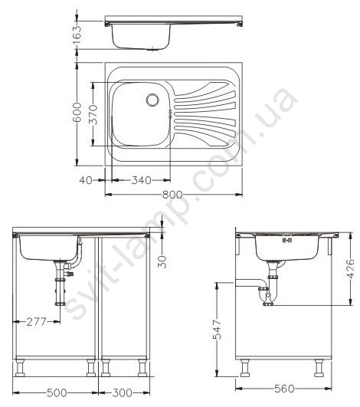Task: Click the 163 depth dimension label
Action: (77, 34)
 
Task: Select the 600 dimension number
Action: (77, 112)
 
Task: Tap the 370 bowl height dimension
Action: (93, 114)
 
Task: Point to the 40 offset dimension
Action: (86, 180)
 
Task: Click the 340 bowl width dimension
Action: (142, 180)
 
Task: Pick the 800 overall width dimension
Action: (172, 195)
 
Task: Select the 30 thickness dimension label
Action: (162, 261)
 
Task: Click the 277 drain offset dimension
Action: (37, 322)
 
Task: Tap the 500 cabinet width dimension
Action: (57, 392)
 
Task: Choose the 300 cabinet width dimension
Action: (122, 392)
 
